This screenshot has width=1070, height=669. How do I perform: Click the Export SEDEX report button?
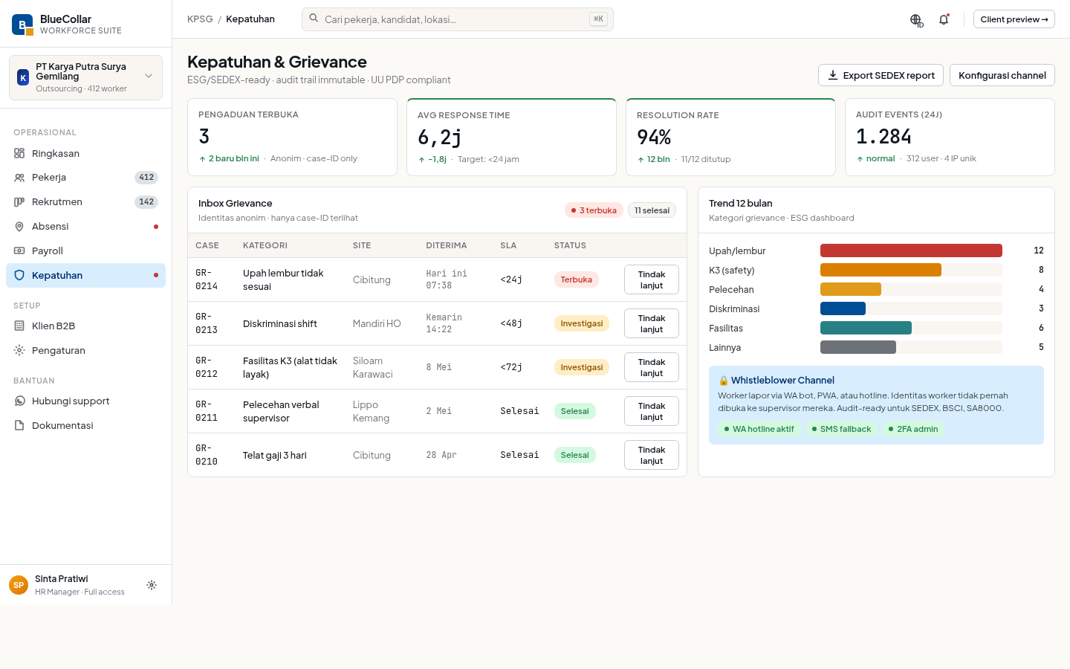click(881, 75)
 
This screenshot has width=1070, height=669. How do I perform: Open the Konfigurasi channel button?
click(1002, 75)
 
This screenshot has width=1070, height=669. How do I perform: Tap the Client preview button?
click(1014, 19)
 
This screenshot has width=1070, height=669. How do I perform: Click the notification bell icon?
click(944, 19)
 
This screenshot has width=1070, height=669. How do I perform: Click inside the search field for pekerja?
click(457, 19)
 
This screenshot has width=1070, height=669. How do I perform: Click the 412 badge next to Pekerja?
click(146, 177)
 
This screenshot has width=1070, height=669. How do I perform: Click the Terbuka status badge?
click(576, 279)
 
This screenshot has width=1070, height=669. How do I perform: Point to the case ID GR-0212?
click(207, 367)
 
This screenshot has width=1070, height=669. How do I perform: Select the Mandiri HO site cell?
click(377, 323)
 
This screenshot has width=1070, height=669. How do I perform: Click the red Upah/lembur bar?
click(911, 251)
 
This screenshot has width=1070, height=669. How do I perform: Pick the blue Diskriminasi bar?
click(843, 308)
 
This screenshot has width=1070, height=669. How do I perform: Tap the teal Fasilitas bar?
click(866, 328)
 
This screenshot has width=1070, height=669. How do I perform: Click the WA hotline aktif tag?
click(759, 429)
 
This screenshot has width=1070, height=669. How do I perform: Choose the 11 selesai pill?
click(652, 210)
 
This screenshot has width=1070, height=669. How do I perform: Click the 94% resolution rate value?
click(653, 137)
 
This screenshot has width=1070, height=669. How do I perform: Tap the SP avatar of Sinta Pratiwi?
click(19, 585)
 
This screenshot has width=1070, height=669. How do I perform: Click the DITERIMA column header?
click(446, 245)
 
